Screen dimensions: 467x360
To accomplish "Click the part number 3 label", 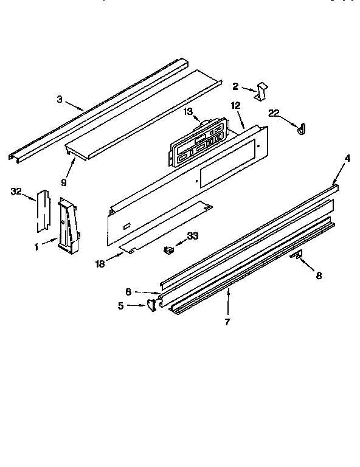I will click(60, 99).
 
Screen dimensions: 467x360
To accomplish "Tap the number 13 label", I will click(189, 111).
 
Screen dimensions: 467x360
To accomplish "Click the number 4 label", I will click(347, 159).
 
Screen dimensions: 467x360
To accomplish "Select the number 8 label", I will click(319, 275).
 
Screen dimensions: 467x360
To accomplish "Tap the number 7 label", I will click(227, 322).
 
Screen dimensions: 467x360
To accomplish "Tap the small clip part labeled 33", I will click(168, 248).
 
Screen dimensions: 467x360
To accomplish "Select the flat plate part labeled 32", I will click(42, 210).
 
